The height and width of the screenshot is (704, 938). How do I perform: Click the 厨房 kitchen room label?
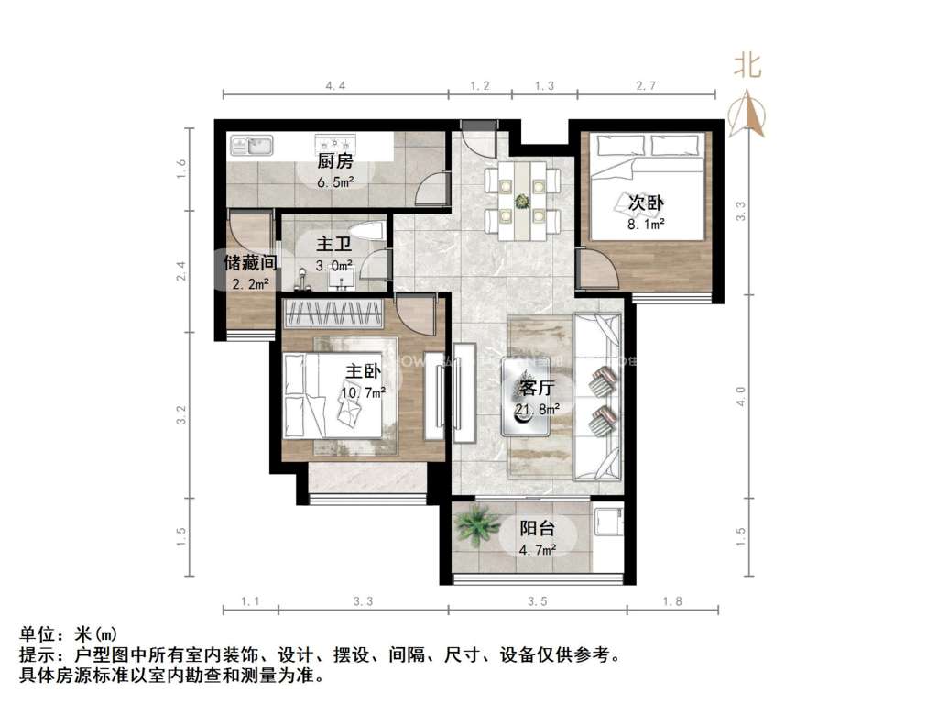pyautogui.click(x=335, y=162)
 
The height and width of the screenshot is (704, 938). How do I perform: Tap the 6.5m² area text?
pyautogui.click(x=335, y=181)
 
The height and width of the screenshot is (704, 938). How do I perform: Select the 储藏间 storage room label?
pyautogui.click(x=250, y=263)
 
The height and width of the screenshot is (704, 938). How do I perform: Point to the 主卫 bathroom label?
pyautogui.click(x=331, y=245)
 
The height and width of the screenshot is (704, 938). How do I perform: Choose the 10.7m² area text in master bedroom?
pyautogui.click(x=364, y=391)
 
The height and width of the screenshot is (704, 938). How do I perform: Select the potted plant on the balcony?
pyautogui.click(x=476, y=526)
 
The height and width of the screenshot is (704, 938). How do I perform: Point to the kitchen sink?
pyautogui.click(x=250, y=145)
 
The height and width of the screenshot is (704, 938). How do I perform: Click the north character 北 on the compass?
pyautogui.click(x=747, y=66)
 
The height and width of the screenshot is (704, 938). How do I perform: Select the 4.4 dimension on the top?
pyautogui.click(x=335, y=85)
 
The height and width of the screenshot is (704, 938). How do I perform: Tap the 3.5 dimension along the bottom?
pyautogui.click(x=538, y=602)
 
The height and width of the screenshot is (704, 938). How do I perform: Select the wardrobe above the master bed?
pyautogui.click(x=333, y=313)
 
